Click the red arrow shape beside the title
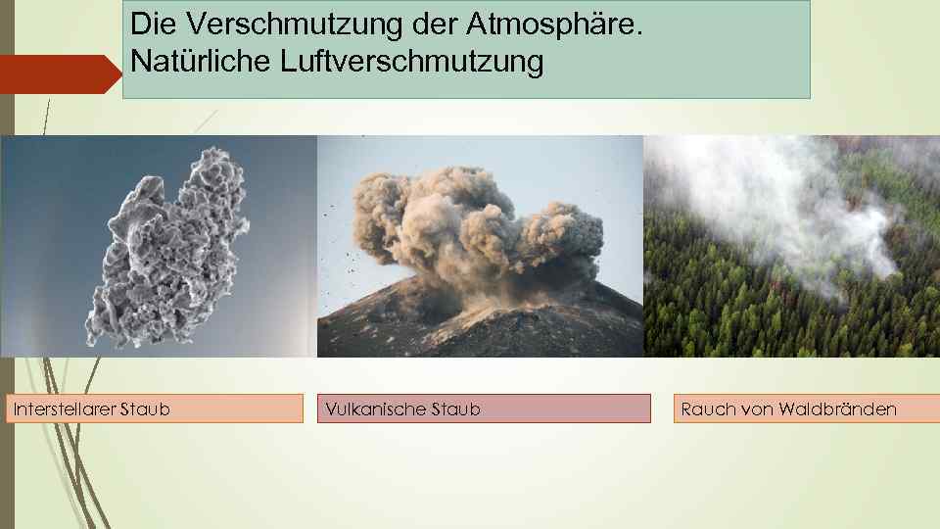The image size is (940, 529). [59, 74]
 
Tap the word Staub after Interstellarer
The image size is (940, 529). [144, 409]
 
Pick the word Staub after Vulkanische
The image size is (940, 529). [455, 409]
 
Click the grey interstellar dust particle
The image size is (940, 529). [166, 245]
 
